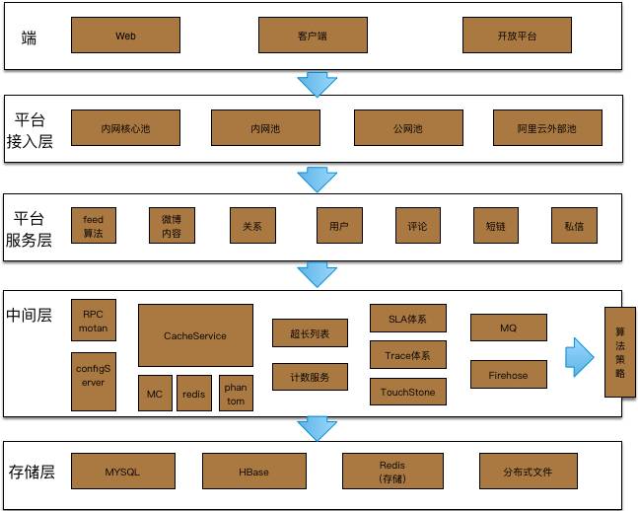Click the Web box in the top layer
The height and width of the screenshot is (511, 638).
(x=125, y=36)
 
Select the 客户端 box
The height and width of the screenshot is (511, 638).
(x=312, y=36)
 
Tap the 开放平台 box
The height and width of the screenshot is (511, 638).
(x=517, y=36)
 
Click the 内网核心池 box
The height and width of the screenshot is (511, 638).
(x=125, y=128)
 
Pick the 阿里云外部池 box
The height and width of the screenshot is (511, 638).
(x=546, y=128)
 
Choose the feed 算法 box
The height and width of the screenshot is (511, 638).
(x=94, y=225)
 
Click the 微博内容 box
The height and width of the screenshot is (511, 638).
(x=172, y=225)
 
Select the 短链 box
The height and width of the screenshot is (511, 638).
(x=495, y=225)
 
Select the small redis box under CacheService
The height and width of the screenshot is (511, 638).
(x=195, y=393)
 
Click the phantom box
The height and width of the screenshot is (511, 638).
(x=236, y=393)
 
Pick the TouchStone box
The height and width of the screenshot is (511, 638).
(x=407, y=392)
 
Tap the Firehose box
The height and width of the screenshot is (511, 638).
(x=508, y=375)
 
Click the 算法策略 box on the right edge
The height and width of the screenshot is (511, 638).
(x=619, y=352)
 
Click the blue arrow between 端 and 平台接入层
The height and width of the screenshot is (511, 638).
(x=318, y=83)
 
